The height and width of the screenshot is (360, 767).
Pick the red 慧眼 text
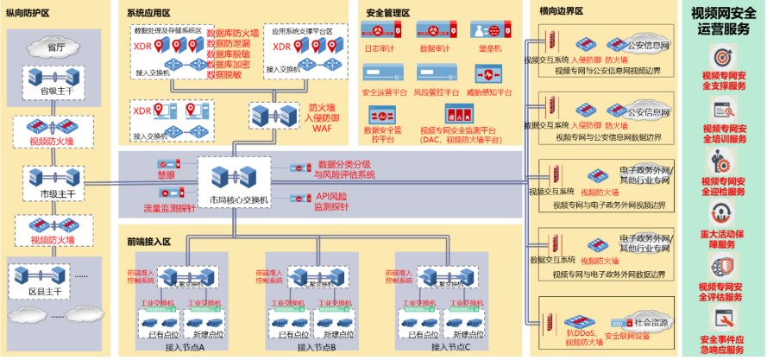pos(166,174)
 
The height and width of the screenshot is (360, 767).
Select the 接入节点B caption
pos(317,347)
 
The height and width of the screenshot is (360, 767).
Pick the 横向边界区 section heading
pos(562,12)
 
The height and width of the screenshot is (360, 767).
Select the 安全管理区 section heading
pos(387,12)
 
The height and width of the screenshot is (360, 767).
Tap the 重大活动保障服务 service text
pos(721,238)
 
